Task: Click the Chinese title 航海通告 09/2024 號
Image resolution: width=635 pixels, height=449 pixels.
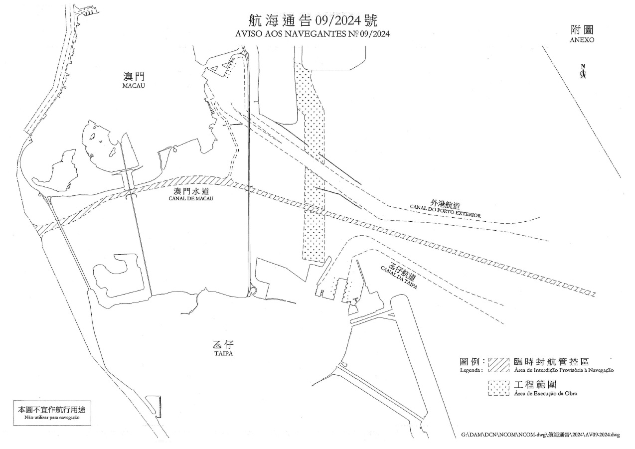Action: (313, 21)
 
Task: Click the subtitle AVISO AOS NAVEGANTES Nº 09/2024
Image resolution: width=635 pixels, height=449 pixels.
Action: (313, 34)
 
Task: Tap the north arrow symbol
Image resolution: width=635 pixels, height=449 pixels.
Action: (583, 72)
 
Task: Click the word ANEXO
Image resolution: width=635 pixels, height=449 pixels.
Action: (582, 40)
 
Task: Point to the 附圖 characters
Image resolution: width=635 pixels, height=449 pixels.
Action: (582, 29)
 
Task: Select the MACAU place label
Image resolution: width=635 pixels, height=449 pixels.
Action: (133, 86)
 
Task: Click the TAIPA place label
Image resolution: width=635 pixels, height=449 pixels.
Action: (220, 354)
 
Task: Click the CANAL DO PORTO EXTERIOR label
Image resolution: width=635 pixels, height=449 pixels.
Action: (445, 211)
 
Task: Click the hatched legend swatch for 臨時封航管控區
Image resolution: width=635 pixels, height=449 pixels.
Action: (498, 364)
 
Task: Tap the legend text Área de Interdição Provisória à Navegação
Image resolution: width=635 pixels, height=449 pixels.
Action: (563, 370)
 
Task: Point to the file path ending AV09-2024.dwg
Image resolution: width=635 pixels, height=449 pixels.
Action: (541, 435)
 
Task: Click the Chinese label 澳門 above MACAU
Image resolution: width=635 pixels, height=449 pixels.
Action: (133, 77)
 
